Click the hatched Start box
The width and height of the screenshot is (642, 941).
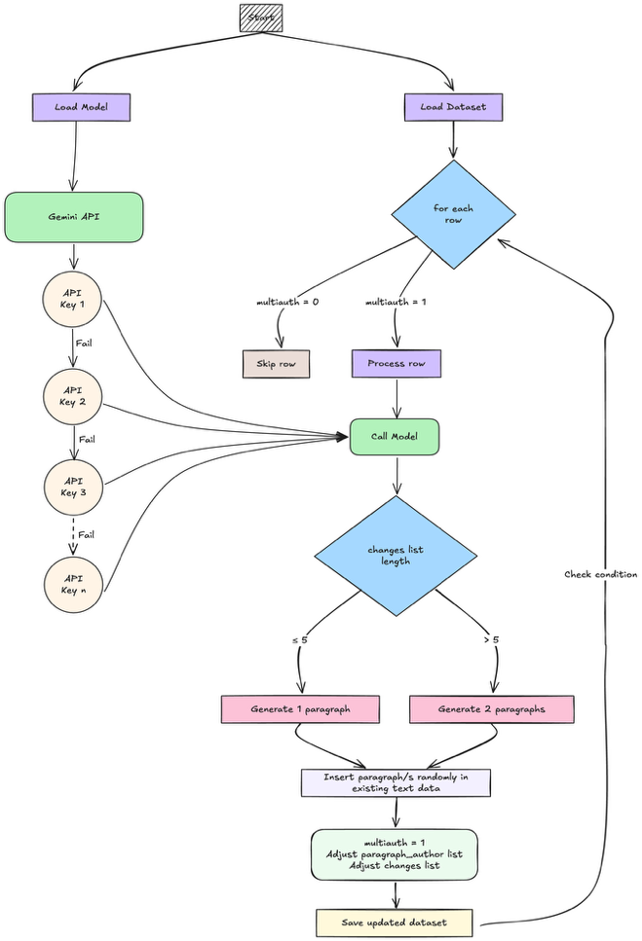click(261, 18)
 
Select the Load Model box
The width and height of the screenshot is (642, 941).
click(81, 107)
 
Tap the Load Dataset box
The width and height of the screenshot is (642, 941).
click(454, 107)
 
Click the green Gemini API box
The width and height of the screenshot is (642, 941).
click(74, 216)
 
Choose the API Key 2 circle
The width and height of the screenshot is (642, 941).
click(72, 395)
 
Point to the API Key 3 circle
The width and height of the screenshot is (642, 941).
click(72, 486)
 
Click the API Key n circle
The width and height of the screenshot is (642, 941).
click(72, 584)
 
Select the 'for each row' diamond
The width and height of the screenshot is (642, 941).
click(454, 214)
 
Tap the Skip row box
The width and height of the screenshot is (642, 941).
click(276, 363)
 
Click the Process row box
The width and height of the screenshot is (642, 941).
click(396, 363)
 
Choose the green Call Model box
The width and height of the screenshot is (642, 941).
click(396, 437)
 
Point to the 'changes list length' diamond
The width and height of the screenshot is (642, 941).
click(396, 556)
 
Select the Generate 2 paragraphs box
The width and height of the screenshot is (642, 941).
click(492, 708)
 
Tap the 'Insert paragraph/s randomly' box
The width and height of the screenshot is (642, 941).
click(396, 782)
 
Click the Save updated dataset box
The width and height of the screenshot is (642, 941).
click(395, 922)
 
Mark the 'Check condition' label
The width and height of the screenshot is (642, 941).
click(600, 574)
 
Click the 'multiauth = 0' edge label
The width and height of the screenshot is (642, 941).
click(287, 303)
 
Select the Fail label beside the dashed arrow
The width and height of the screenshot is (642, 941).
click(87, 534)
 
